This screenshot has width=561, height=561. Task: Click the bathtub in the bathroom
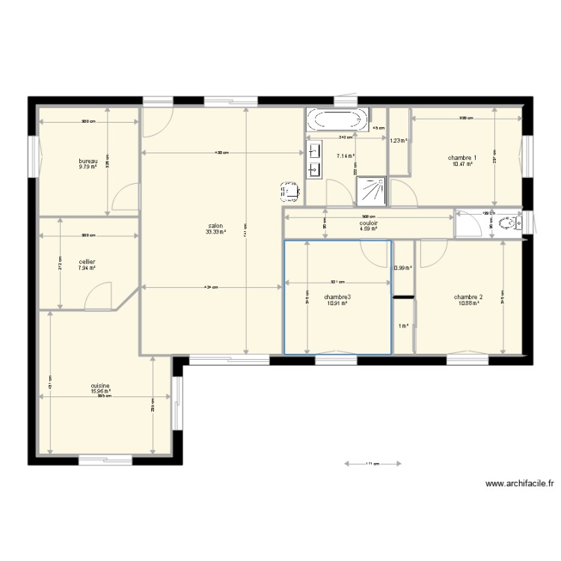tap(337, 119)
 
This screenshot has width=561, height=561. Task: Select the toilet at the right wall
tap(510, 223)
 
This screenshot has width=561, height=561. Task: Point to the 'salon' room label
tap(215, 225)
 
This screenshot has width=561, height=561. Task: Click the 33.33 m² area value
tap(215, 232)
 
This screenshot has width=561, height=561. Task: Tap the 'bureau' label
tap(88, 161)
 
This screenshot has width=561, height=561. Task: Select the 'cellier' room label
tap(87, 262)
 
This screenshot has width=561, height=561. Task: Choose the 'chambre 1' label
tap(462, 158)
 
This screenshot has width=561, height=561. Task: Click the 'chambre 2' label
tap(467, 297)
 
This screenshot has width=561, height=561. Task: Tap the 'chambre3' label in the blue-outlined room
tap(337, 297)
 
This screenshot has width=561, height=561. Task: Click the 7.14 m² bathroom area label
tap(346, 156)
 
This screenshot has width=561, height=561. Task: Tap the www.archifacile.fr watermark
tap(520, 484)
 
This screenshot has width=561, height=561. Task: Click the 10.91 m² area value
tap(337, 304)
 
